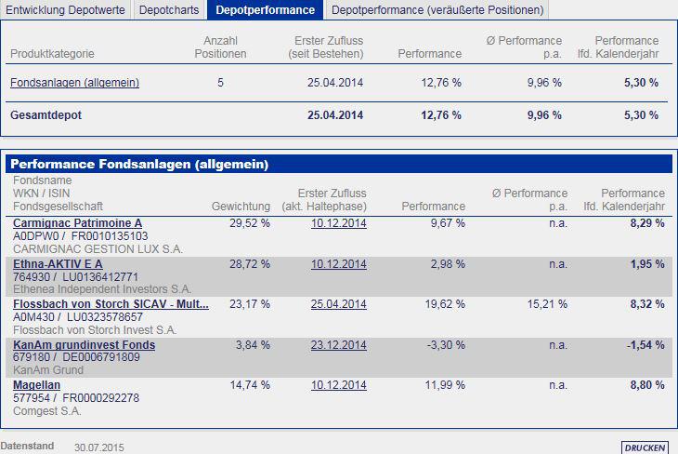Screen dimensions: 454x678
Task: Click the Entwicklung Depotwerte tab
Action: [x=65, y=10]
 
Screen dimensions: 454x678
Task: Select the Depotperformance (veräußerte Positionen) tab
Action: [x=437, y=10]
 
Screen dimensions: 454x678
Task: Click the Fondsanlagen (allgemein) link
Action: [x=74, y=83]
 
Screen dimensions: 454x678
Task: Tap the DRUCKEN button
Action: [x=645, y=447]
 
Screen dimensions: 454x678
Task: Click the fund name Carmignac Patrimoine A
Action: [x=77, y=223]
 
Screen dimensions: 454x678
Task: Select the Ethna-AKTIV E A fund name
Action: [x=58, y=264]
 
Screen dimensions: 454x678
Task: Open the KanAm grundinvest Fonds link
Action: [x=84, y=345]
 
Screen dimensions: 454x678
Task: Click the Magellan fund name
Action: [x=36, y=385]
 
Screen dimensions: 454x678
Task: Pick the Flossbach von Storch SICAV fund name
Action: [x=111, y=304]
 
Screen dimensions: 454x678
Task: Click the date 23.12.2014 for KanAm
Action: [x=339, y=345]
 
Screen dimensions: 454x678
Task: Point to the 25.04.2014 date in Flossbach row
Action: [x=339, y=304]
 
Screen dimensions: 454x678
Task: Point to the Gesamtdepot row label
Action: [x=45, y=115]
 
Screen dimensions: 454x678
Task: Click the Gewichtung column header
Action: [x=241, y=207]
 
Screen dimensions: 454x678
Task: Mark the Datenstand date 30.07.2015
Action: [x=99, y=447]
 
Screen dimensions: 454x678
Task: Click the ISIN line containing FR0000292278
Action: [x=76, y=398]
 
